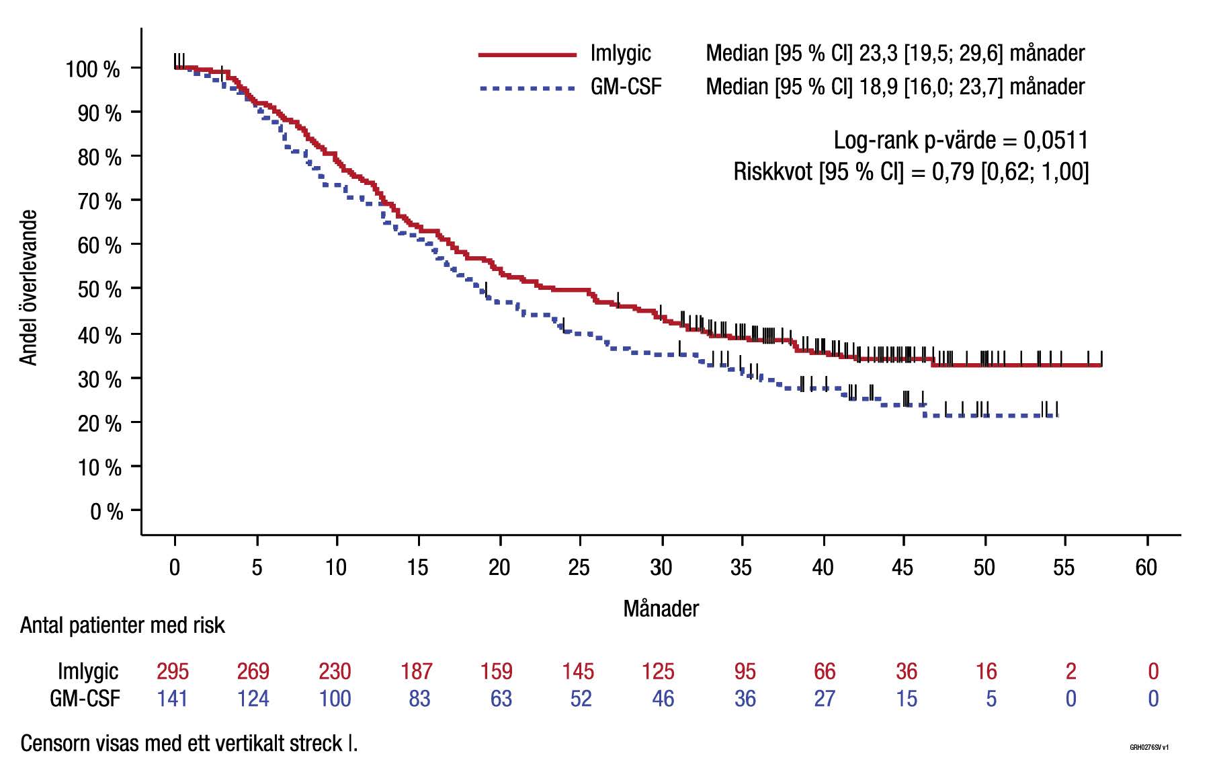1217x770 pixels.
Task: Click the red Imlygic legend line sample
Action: tap(528, 54)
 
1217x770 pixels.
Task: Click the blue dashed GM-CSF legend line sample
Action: tap(528, 88)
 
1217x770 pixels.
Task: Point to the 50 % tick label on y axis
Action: tap(99, 290)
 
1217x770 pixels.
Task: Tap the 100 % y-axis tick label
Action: tap(93, 69)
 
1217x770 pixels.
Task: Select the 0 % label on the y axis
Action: tap(107, 512)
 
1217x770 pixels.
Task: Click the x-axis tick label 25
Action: tap(579, 568)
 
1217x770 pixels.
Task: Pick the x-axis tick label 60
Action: tap(1146, 568)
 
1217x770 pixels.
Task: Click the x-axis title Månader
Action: tap(661, 609)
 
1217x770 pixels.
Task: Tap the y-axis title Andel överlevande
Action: tap(28, 288)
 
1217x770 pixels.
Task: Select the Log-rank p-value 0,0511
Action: tap(1056, 140)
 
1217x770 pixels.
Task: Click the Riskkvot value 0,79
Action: tap(953, 171)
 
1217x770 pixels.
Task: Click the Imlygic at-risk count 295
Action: tap(173, 671)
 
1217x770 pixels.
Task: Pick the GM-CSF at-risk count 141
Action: tap(172, 699)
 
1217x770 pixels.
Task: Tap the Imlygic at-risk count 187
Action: tap(417, 671)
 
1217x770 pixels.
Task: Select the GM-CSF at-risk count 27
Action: tap(825, 699)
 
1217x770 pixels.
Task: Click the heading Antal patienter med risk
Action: tap(122, 625)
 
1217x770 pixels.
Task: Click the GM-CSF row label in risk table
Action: tap(85, 699)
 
